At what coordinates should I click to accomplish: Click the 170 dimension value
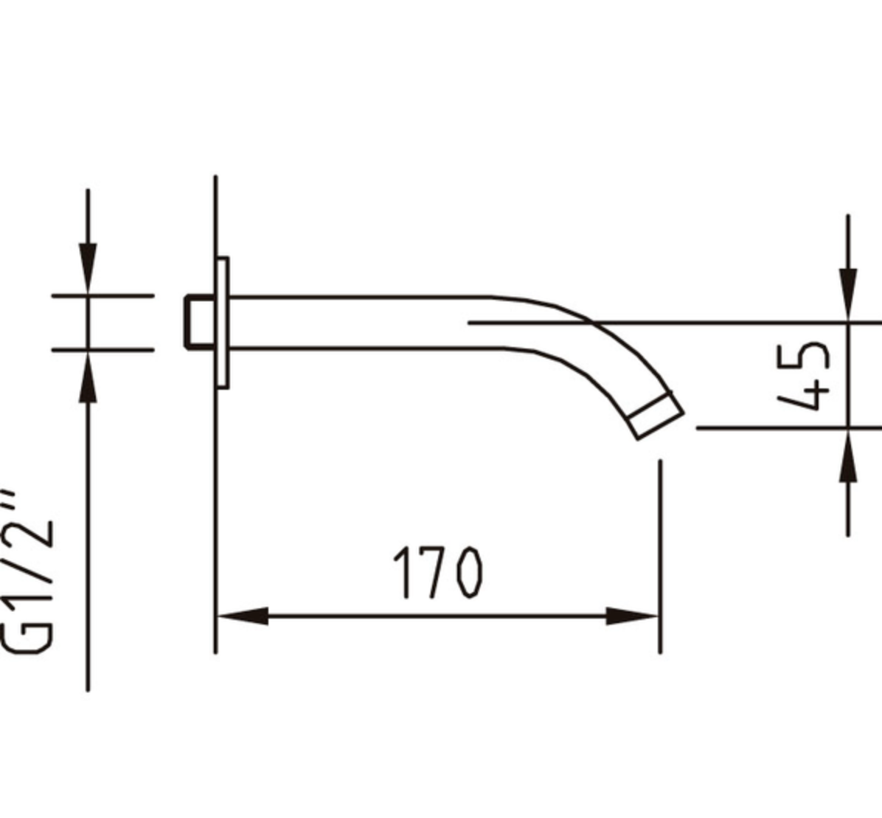[437, 572]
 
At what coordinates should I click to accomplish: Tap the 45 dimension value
[805, 375]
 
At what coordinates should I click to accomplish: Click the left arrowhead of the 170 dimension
[243, 616]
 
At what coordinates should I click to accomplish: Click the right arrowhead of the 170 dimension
[631, 616]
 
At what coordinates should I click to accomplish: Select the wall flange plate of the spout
[223, 323]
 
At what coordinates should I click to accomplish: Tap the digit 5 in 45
[805, 356]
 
